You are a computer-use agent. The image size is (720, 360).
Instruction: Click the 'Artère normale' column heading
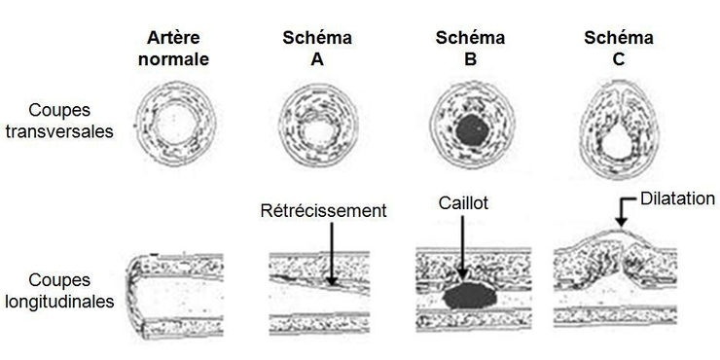tap(173, 49)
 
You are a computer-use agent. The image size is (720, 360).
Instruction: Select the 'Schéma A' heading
tap(317, 49)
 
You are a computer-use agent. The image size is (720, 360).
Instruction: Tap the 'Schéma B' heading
tap(470, 49)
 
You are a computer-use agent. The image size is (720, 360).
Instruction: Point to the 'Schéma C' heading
tap(619, 49)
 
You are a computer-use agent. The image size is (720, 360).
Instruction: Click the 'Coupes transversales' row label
tap(59, 122)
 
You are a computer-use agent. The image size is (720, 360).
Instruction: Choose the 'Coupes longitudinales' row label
tap(59, 291)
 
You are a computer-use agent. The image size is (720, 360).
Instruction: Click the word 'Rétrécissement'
tap(323, 211)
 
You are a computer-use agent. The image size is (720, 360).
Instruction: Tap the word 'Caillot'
tap(463, 203)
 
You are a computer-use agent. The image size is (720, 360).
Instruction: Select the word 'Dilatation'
tap(677, 198)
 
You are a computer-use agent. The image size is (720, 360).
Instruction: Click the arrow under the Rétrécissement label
tap(331, 254)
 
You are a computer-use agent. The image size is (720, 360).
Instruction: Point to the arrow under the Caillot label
tap(463, 247)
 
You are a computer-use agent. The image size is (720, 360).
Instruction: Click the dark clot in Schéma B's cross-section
tap(472, 130)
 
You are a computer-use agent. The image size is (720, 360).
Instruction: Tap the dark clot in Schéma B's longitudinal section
tap(469, 295)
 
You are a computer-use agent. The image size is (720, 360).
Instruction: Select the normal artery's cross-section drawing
tap(175, 124)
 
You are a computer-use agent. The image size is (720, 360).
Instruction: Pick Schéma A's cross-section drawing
tap(318, 125)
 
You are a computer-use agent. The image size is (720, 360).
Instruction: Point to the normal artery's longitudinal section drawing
tap(175, 297)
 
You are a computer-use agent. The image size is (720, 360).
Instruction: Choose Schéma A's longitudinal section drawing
tap(319, 292)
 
